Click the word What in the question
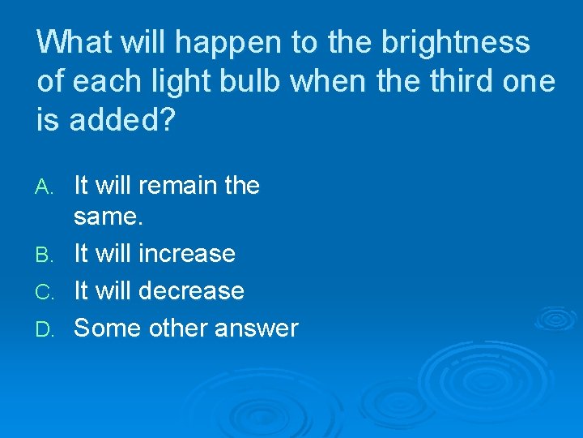pyautogui.click(x=74, y=42)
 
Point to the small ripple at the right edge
pyautogui.click(x=559, y=319)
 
